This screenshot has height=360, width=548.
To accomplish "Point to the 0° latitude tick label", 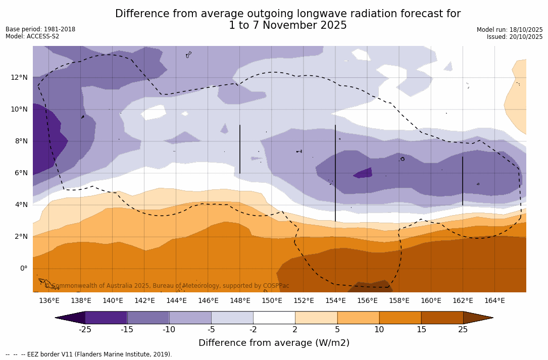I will [23, 268].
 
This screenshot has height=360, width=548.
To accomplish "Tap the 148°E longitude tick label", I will [240, 301].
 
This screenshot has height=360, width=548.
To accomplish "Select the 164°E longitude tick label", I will [494, 301].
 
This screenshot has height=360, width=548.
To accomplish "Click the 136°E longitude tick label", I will [49, 301].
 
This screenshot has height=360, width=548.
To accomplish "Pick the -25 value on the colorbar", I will [85, 330].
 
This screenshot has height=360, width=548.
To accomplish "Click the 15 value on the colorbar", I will [421, 330].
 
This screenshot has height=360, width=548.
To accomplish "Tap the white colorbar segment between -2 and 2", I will [274, 318].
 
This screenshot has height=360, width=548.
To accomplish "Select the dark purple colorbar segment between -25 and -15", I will [106, 318].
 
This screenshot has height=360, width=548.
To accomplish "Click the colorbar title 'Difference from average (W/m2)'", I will [274, 343].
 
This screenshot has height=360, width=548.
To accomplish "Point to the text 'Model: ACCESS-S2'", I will [32, 36].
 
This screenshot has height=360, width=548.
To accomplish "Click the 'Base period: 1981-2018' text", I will [40, 29].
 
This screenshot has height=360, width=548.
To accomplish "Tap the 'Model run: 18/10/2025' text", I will [510, 30].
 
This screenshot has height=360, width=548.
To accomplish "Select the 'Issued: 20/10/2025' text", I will [515, 37].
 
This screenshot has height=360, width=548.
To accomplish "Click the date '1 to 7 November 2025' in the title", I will [288, 26].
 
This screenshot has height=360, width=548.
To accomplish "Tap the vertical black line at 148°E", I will [240, 149].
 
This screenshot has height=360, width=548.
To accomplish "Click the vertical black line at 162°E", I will [463, 181].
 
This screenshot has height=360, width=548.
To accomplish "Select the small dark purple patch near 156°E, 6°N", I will [364, 173].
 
